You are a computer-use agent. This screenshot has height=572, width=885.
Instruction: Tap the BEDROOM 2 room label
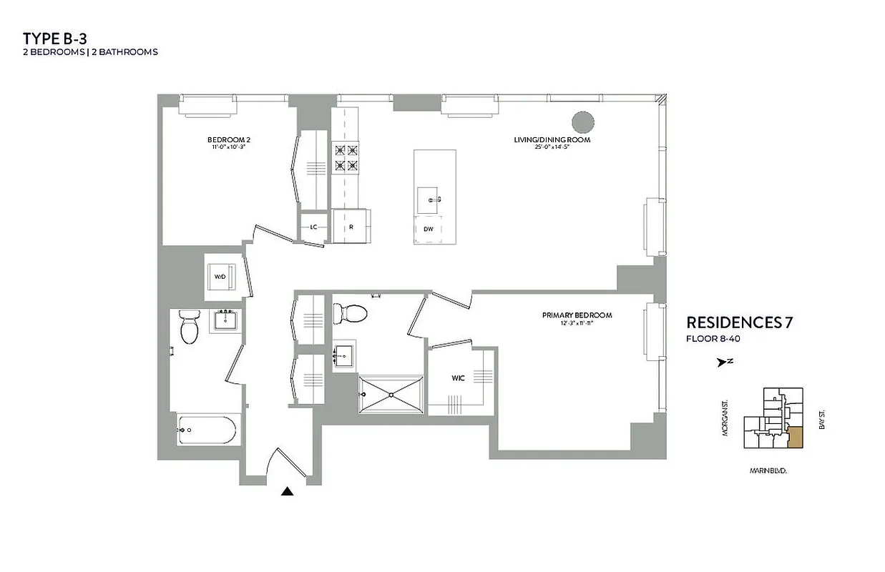coord(228,139)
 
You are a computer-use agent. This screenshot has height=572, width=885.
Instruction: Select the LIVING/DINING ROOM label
coord(552,139)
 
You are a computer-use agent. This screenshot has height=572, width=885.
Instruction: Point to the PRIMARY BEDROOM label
coord(577,315)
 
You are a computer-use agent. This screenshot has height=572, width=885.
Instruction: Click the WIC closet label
coord(458,378)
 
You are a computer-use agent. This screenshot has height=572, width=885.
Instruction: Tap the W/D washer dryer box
coord(220,276)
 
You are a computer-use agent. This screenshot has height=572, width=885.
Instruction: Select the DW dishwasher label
coord(428,230)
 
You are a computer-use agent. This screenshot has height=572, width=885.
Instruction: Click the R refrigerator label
coord(351,227)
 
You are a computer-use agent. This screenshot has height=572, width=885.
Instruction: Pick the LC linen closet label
coord(313,227)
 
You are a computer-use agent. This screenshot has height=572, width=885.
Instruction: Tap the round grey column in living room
coord(583,122)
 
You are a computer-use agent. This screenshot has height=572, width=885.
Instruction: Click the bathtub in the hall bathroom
coord(208,430)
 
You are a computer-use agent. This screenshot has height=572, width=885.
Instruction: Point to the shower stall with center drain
coord(391,393)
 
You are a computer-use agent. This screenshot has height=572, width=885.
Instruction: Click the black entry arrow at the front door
coord(288,490)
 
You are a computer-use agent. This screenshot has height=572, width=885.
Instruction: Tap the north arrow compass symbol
coord(723,363)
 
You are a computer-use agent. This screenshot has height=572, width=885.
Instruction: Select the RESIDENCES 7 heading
coord(739,322)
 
